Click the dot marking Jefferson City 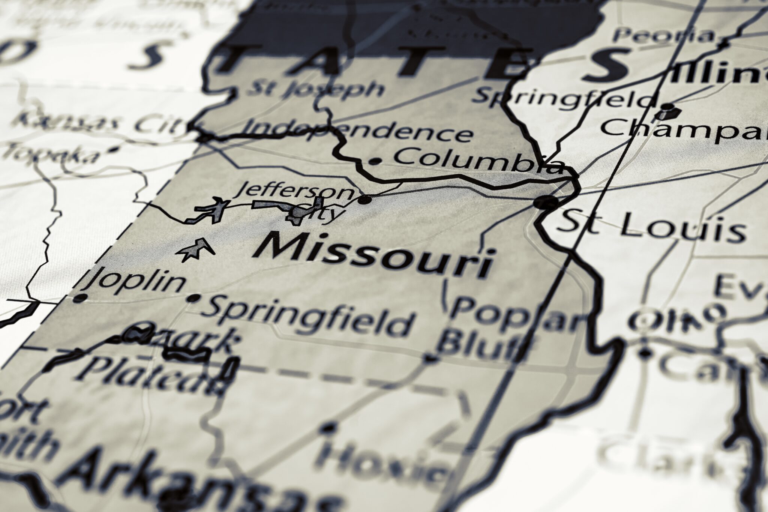click(364, 200)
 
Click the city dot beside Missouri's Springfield click(194, 298)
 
